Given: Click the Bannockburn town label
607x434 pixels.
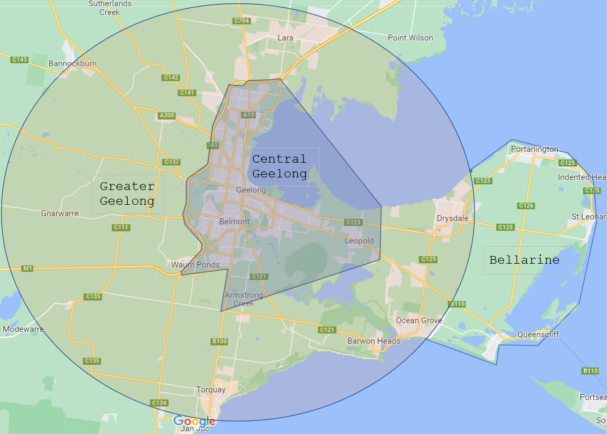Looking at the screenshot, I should (73, 63).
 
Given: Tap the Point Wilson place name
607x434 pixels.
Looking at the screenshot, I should (410, 38).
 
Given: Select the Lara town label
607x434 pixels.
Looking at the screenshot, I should (285, 38).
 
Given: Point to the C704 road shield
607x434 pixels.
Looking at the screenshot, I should (241, 21).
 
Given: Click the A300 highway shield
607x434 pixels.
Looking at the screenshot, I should (166, 115).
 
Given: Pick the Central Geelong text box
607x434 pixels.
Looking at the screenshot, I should (279, 166).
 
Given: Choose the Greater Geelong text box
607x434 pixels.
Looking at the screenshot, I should (127, 194).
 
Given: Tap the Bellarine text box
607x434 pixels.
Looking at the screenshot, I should (525, 260).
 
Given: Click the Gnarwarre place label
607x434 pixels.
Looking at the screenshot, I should (60, 213).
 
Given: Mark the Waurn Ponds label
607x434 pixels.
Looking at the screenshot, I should (195, 265).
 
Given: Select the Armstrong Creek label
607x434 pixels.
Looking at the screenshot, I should (244, 299).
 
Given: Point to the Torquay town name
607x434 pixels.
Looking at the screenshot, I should (211, 390).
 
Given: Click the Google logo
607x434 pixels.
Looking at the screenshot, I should (194, 421).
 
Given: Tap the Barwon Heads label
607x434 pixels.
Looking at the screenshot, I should (374, 341).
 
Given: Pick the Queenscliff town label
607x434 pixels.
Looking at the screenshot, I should (538, 335).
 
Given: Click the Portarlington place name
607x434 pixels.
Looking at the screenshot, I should (534, 149).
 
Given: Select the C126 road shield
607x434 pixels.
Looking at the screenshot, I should (526, 205).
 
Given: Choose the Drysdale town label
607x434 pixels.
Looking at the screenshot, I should (453, 218).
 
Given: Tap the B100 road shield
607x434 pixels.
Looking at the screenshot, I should (219, 341).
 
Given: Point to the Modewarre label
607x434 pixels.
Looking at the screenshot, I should (23, 329).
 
